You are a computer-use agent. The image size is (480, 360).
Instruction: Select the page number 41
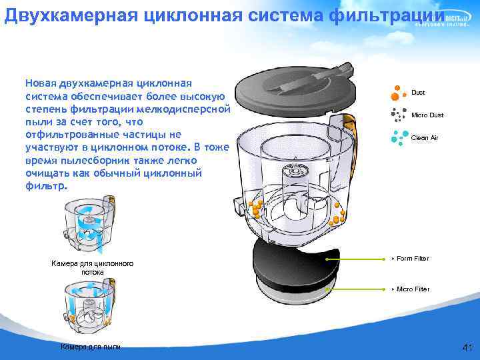[x=467, y=347]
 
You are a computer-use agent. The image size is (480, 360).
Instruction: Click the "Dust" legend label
[x=418, y=93]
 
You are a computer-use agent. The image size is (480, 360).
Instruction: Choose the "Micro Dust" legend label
[x=427, y=115]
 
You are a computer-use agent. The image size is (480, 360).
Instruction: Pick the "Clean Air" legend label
[x=425, y=137]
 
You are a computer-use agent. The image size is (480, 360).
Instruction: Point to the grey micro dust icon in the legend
[x=399, y=115]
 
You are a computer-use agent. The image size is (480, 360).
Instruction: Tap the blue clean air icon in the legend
[x=399, y=137]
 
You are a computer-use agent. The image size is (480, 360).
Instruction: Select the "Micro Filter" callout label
[x=413, y=289]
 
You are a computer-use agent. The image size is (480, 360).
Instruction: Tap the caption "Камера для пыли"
[x=91, y=347]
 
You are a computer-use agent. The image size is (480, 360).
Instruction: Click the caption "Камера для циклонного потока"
[x=93, y=268]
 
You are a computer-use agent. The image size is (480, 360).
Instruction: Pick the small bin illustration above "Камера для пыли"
[x=90, y=307]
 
